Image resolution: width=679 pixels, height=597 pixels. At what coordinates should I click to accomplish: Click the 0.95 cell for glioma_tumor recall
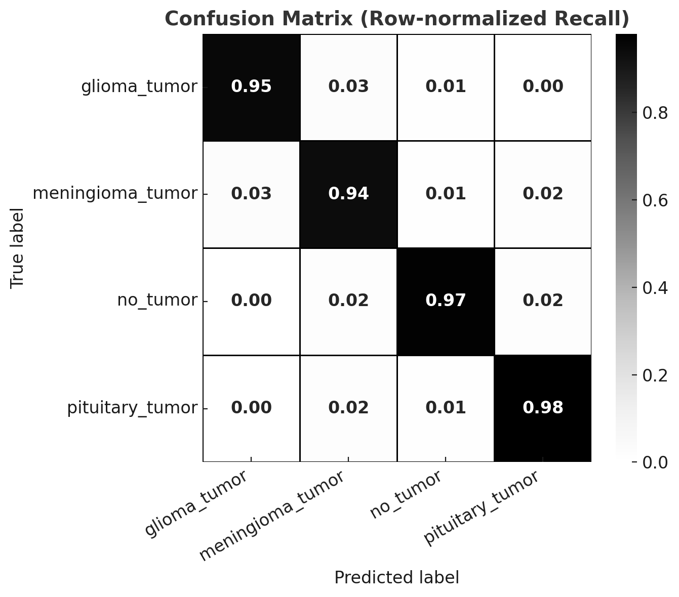[251, 87]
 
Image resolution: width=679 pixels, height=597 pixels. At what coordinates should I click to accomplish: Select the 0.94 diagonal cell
[348, 194]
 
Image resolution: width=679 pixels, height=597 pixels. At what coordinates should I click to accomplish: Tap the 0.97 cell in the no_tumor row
[446, 301]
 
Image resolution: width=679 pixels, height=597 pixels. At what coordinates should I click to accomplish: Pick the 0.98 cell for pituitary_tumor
[543, 408]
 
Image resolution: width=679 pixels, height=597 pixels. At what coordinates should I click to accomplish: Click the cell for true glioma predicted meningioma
[348, 87]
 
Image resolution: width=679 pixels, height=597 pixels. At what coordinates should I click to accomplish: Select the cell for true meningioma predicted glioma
[251, 194]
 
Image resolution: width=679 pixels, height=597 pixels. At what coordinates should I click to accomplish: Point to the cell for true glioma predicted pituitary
[543, 87]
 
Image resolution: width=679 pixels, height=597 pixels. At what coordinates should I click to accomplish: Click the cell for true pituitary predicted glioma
[251, 408]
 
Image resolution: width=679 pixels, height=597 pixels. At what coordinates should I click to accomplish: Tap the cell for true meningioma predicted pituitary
[543, 194]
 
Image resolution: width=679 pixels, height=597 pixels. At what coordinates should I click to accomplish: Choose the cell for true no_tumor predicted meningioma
[348, 301]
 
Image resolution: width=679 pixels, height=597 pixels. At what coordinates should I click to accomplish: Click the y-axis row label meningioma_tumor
[115, 194]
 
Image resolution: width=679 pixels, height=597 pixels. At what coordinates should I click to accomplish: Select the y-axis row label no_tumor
[157, 301]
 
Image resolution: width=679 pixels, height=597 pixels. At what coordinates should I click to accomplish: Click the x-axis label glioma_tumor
[196, 503]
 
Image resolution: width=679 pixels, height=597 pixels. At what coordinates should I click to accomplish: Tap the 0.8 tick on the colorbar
[655, 113]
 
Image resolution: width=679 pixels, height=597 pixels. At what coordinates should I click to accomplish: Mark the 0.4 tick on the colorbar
[655, 288]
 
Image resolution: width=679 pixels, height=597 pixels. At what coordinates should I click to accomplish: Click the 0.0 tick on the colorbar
[655, 462]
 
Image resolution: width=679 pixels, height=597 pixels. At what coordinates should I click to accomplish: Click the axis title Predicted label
[396, 578]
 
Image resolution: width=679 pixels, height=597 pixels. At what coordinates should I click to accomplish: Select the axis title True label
[18, 248]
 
